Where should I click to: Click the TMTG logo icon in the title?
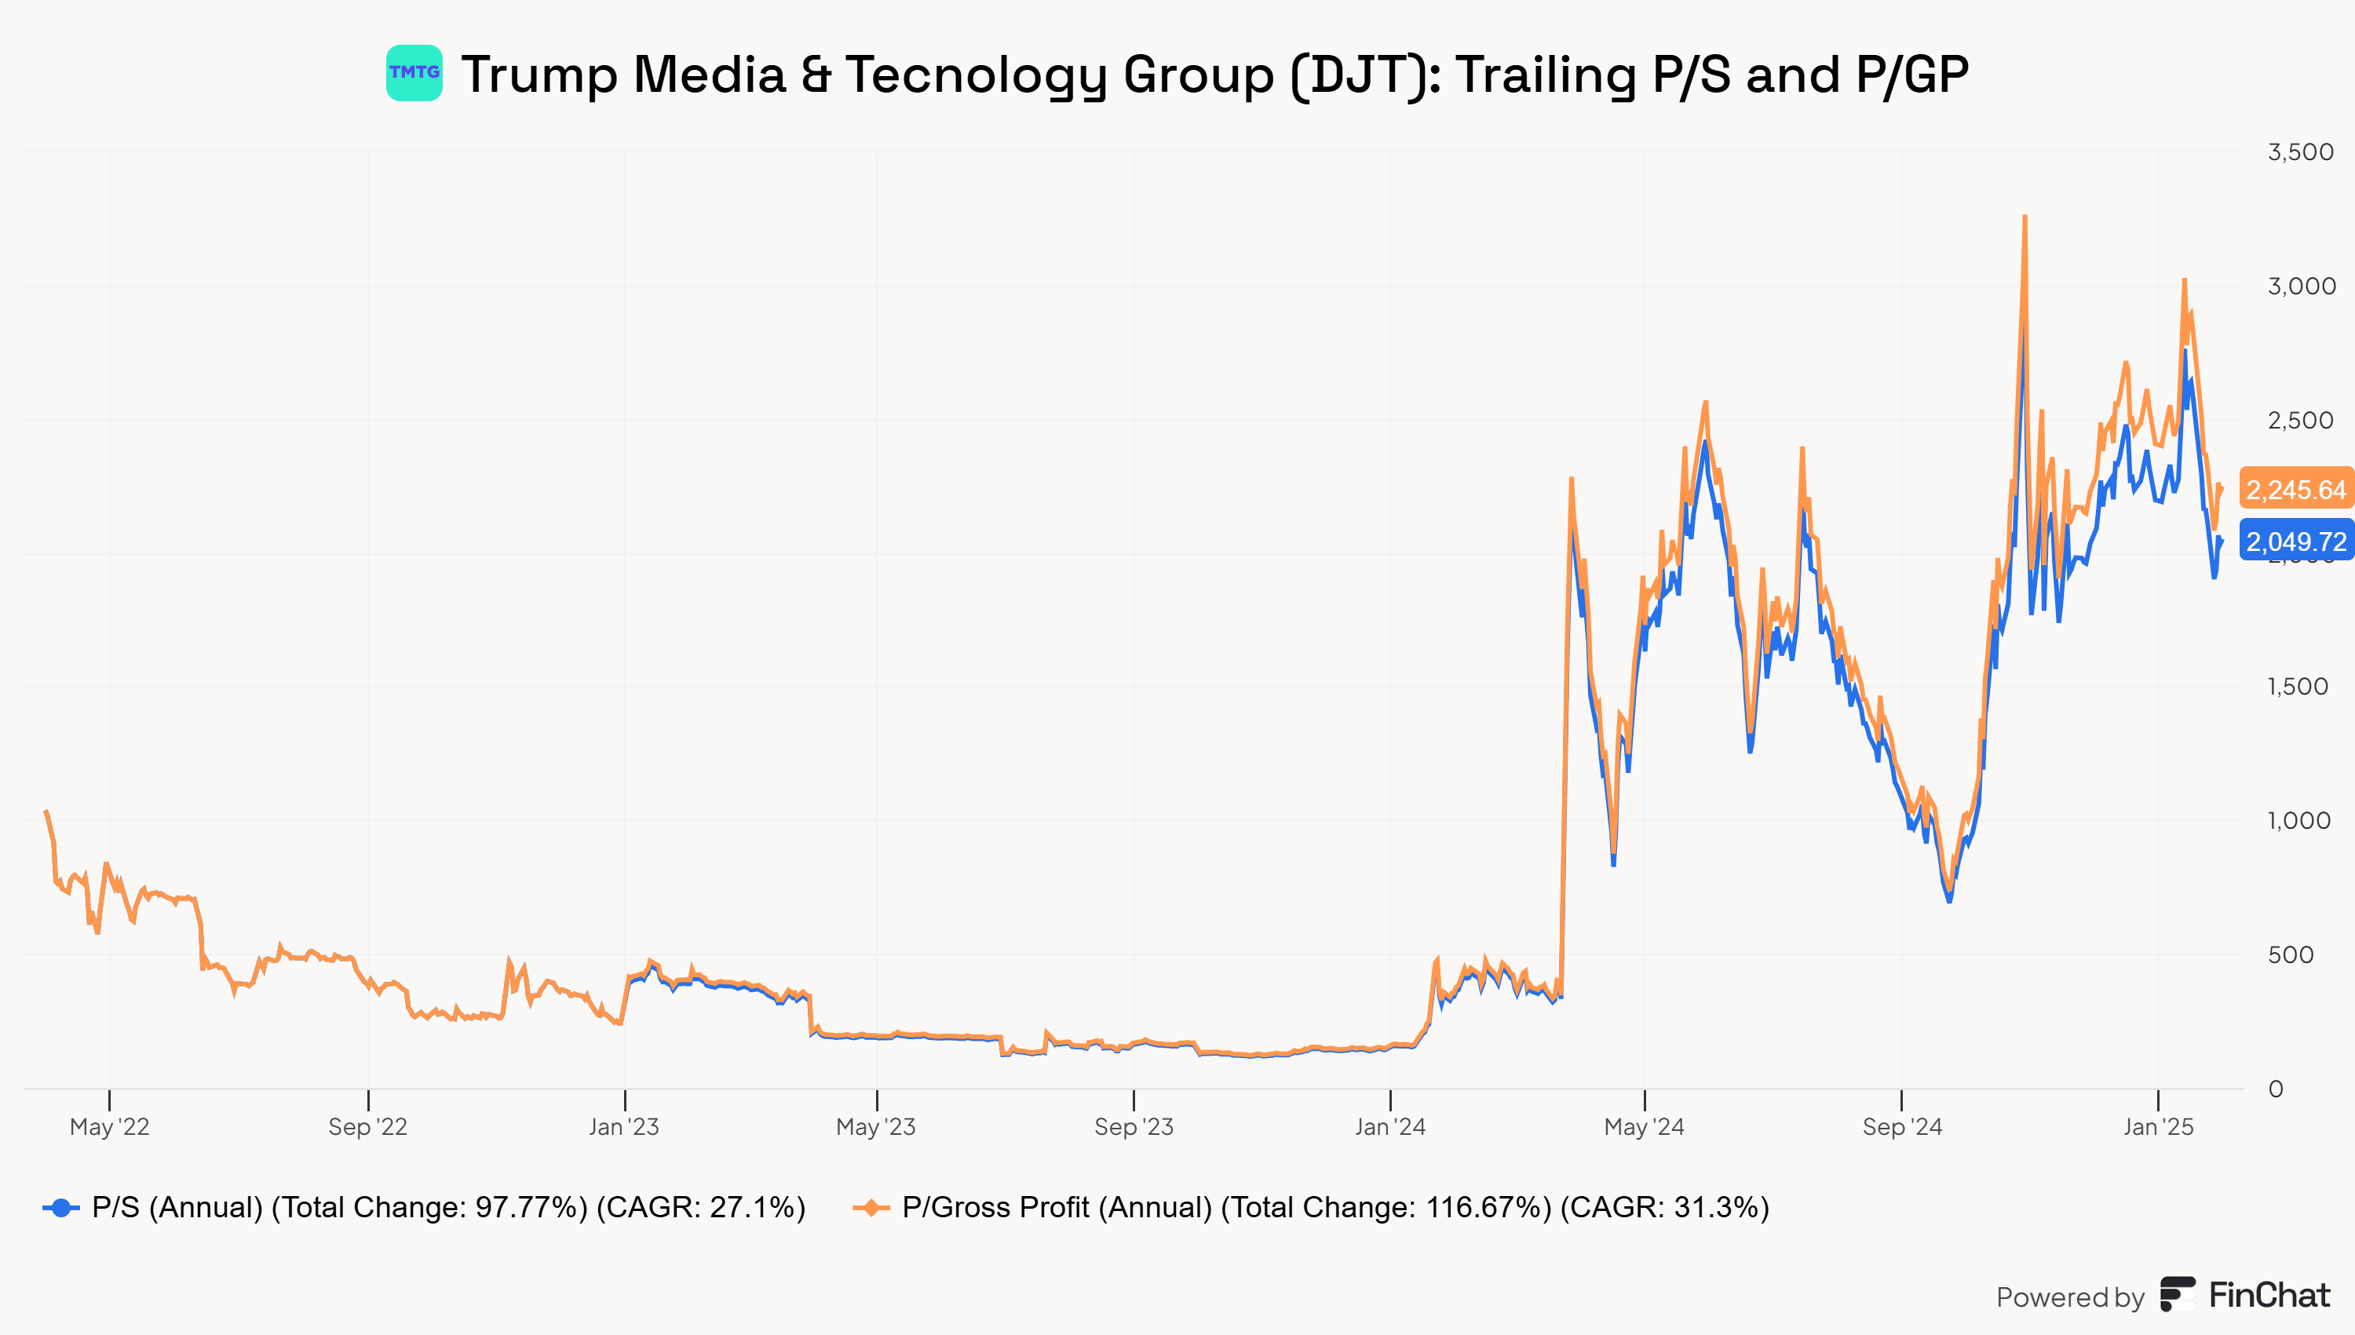coord(414,73)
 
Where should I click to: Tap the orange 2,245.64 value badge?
coord(2295,489)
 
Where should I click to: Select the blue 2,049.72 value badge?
coord(2295,541)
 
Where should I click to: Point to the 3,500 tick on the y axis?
coord(2300,152)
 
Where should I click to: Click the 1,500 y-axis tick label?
coord(2297,687)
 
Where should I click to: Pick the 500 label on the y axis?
coord(2290,955)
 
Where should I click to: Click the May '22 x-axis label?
coord(109,1127)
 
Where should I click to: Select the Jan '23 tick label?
coord(623,1127)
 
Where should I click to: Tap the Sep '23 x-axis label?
coord(1134,1127)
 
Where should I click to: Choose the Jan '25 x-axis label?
coord(2158,1127)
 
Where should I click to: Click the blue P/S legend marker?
coord(60,1208)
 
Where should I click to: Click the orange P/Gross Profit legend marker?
coord(871,1208)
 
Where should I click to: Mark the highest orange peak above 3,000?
coord(2024,217)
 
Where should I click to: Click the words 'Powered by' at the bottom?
coord(2070,1297)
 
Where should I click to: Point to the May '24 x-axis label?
coord(1643,1127)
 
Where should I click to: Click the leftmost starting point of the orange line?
coord(46,812)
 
